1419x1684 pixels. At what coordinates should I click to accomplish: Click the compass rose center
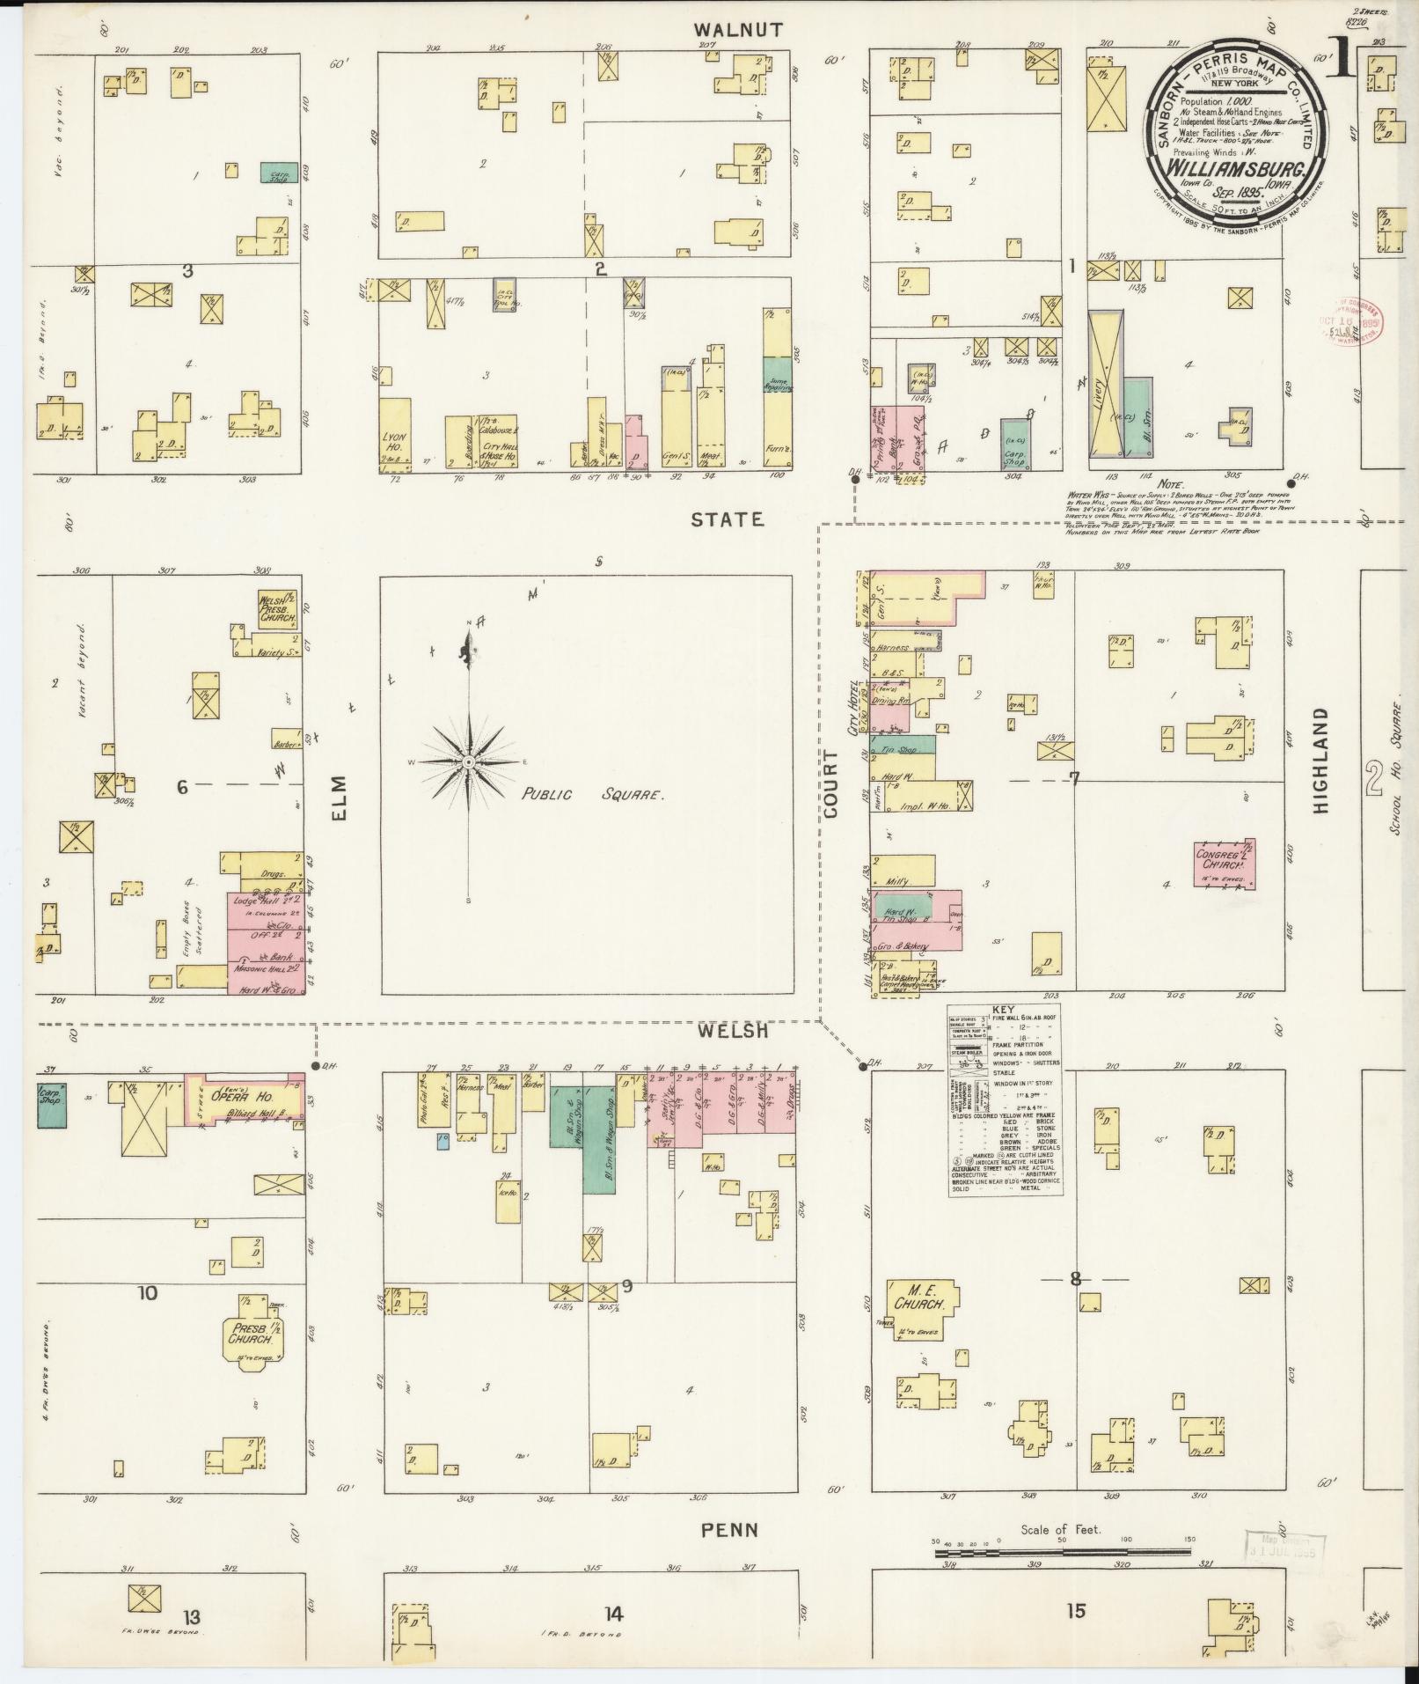click(470, 761)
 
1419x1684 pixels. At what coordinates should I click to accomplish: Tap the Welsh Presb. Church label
click(275, 608)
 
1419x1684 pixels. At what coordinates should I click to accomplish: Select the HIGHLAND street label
click(1320, 760)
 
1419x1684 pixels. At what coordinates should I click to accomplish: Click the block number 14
click(613, 1613)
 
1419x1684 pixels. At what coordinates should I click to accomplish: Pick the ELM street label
click(340, 797)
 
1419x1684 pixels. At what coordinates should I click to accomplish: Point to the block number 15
click(1075, 1611)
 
